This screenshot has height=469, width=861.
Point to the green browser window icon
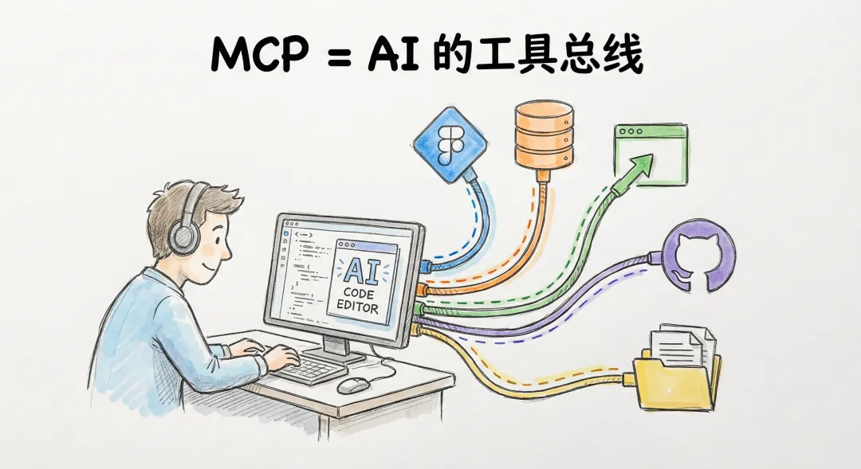pyautogui.click(x=649, y=154)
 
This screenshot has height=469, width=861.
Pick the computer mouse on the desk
pyautogui.click(x=353, y=385)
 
